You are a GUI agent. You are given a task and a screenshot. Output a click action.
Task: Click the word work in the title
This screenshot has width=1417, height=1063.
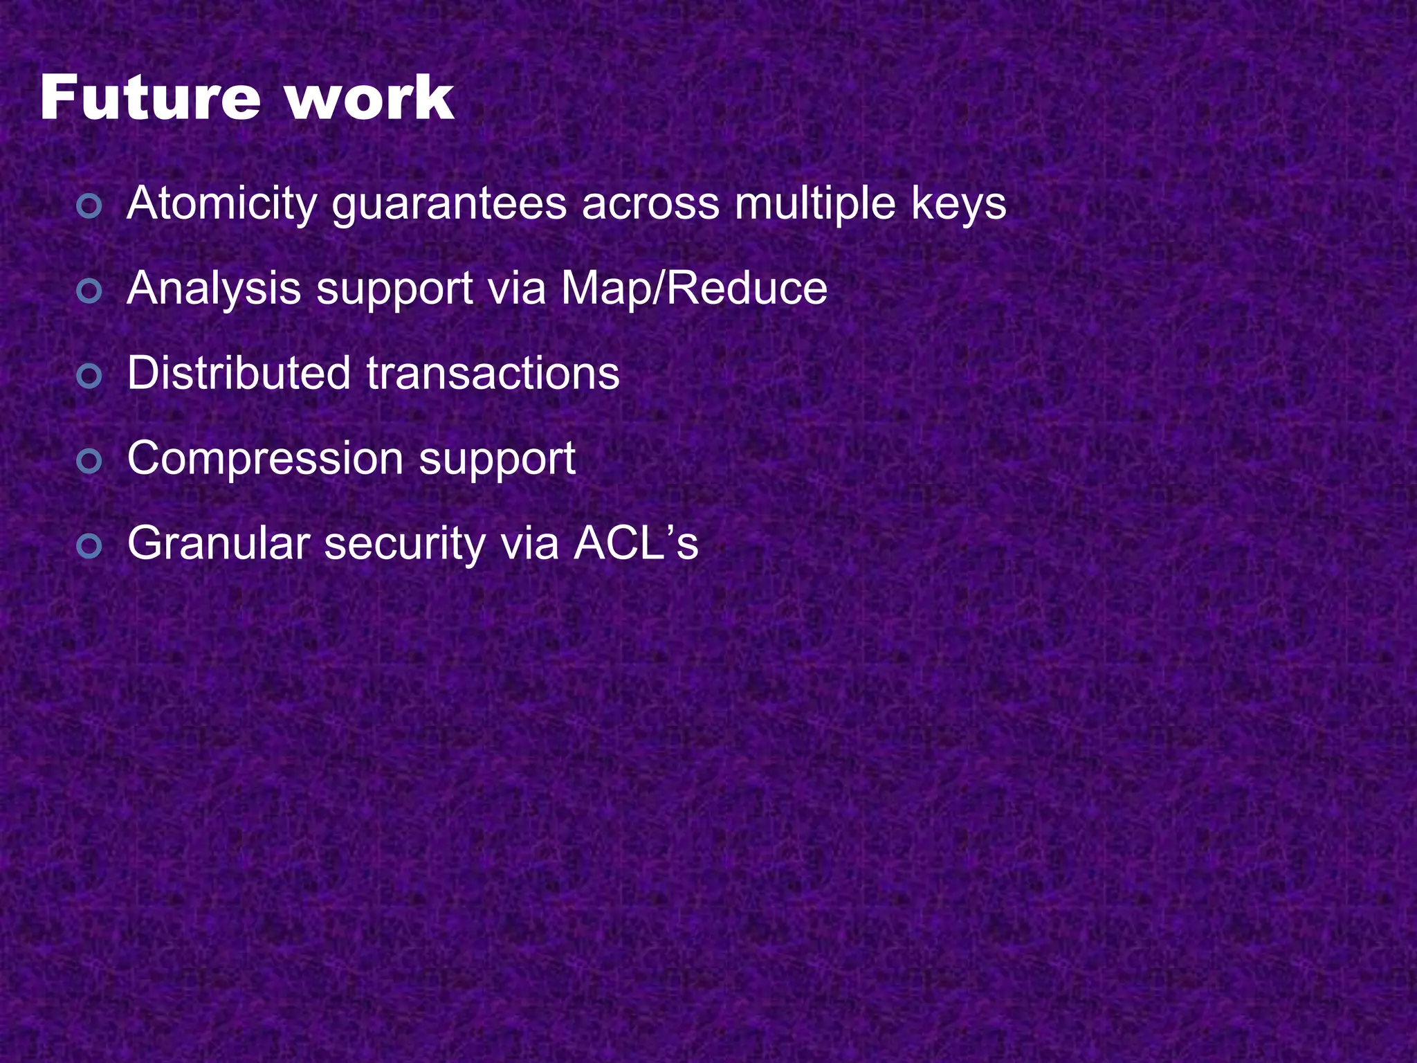pos(369,98)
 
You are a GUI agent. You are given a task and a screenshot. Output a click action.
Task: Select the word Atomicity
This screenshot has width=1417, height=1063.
pos(222,203)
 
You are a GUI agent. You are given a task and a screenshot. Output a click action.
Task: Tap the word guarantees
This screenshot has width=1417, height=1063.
pos(448,205)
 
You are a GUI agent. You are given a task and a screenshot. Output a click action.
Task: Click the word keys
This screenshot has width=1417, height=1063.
pos(958,205)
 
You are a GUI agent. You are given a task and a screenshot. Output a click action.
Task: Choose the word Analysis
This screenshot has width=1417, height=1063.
pos(214,289)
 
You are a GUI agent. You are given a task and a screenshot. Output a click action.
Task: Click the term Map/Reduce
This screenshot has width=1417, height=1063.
pos(694,289)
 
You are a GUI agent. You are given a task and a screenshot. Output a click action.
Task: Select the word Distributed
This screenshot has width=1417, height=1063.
pos(239,374)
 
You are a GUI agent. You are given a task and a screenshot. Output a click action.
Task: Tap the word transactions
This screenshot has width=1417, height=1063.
pos(493,374)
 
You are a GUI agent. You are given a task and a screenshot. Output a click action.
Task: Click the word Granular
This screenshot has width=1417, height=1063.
pos(218,544)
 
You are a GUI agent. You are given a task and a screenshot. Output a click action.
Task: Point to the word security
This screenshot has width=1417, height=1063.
pos(405,544)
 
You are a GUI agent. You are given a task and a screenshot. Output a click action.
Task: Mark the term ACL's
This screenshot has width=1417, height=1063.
pos(636,543)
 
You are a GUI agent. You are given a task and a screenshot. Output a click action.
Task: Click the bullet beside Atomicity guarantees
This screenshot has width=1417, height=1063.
pos(89,206)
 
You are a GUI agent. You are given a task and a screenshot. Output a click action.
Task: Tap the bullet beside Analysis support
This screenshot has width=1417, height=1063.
pos(89,291)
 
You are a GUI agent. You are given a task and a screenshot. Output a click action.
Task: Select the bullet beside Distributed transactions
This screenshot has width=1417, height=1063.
pos(89,376)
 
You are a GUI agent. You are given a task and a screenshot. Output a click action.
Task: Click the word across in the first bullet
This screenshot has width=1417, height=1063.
pos(650,205)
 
